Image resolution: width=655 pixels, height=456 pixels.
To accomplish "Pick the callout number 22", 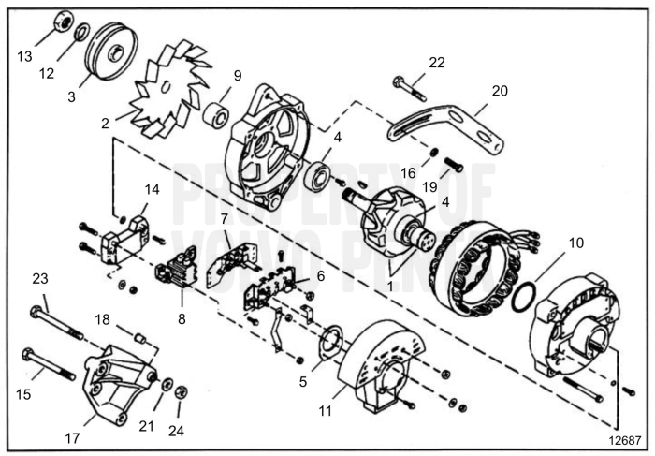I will pyautogui.click(x=436, y=63).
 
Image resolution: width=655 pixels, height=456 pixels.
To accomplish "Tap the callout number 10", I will pyautogui.click(x=575, y=243).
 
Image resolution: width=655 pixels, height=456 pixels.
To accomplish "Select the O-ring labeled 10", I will pyautogui.click(x=525, y=297).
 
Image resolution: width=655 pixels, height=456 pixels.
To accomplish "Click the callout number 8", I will pyautogui.click(x=182, y=318).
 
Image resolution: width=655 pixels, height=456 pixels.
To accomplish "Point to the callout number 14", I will pyautogui.click(x=152, y=188).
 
